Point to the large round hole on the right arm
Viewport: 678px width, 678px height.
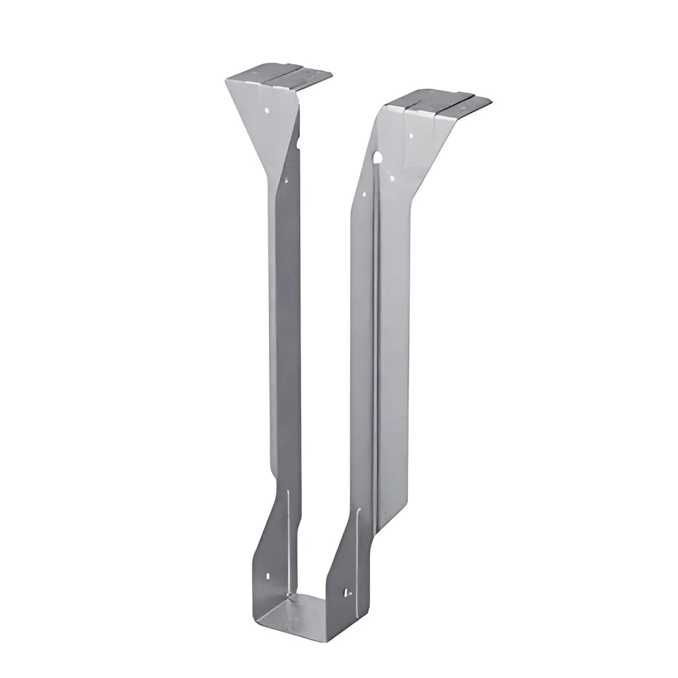click(377, 158)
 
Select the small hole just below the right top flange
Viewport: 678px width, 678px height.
click(412, 136)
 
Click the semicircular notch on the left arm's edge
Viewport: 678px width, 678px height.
click(299, 141)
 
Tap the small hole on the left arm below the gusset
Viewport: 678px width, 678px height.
click(286, 178)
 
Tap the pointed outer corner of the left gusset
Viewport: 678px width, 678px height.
click(226, 81)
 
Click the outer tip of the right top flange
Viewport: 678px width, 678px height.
click(491, 100)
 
